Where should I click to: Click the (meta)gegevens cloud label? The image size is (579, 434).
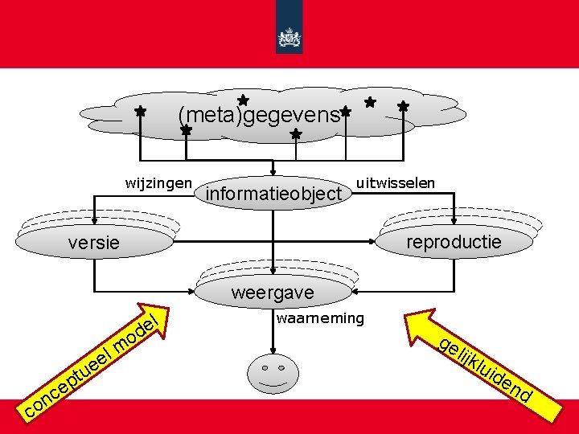pos(259,116)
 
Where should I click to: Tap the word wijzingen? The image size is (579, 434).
pos(158,182)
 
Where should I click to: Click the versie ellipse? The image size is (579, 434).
pos(95,242)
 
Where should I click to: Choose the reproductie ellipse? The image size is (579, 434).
pos(454,241)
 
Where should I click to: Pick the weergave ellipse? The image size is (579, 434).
pos(273,293)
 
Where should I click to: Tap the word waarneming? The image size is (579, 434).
pos(319,318)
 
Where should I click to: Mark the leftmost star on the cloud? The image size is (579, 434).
pos(139,112)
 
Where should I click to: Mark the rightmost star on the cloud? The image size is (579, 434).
pos(403,106)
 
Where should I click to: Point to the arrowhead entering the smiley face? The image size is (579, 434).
pos(274,351)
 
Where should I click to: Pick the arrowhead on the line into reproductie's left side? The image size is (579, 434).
pos(371,241)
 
